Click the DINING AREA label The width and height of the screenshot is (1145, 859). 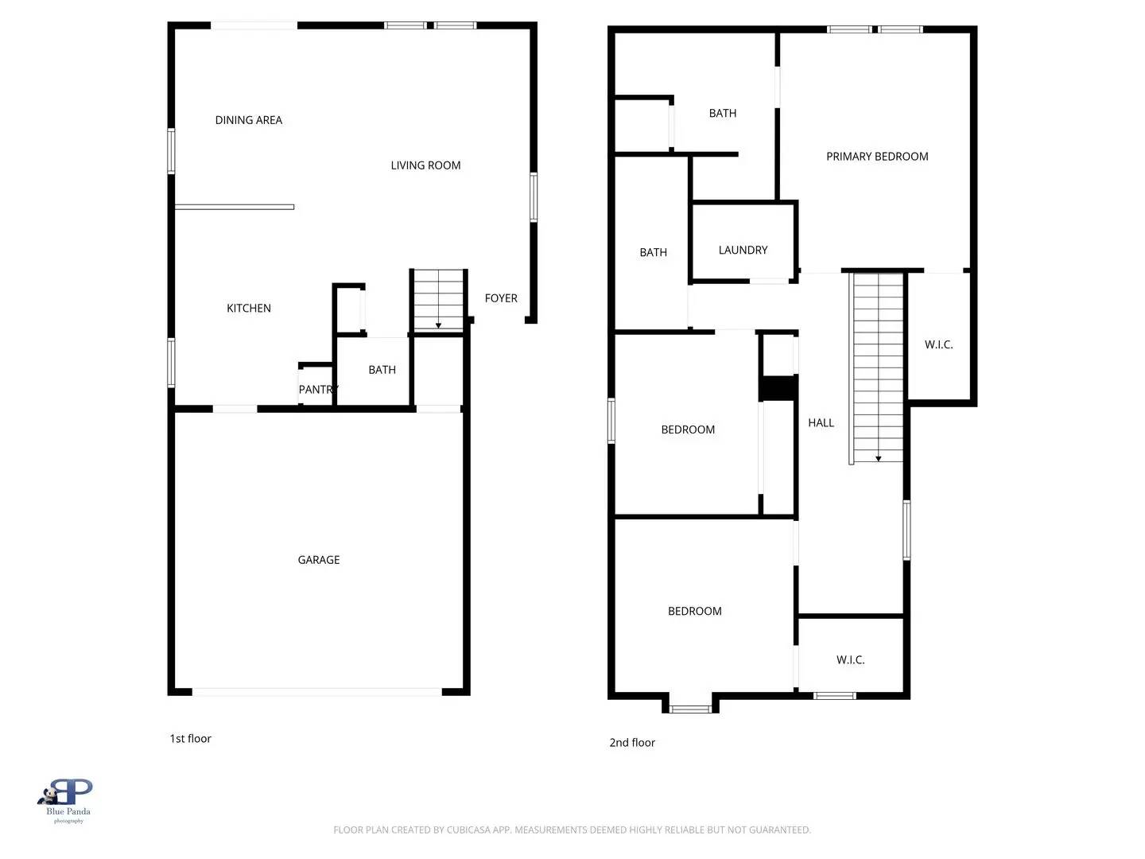[248, 120]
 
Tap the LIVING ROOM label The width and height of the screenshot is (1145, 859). [425, 165]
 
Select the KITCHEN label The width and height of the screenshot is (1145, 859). [248, 309]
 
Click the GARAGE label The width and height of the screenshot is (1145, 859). [318, 560]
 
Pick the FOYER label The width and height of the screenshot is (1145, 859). [501, 298]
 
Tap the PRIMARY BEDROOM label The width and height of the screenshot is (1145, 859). [877, 157]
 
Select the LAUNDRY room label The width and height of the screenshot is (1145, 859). [743, 251]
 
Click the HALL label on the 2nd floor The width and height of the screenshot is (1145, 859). [821, 423]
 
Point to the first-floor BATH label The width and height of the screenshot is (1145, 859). [382, 370]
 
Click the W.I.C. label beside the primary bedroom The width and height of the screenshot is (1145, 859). [938, 345]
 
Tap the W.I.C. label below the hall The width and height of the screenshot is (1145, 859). [850, 660]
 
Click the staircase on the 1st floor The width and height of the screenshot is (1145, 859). [438, 300]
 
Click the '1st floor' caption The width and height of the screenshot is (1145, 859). [190, 739]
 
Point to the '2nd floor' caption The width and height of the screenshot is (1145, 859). [632, 743]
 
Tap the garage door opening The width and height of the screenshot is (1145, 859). [317, 692]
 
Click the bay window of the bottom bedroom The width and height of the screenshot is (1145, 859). [690, 708]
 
